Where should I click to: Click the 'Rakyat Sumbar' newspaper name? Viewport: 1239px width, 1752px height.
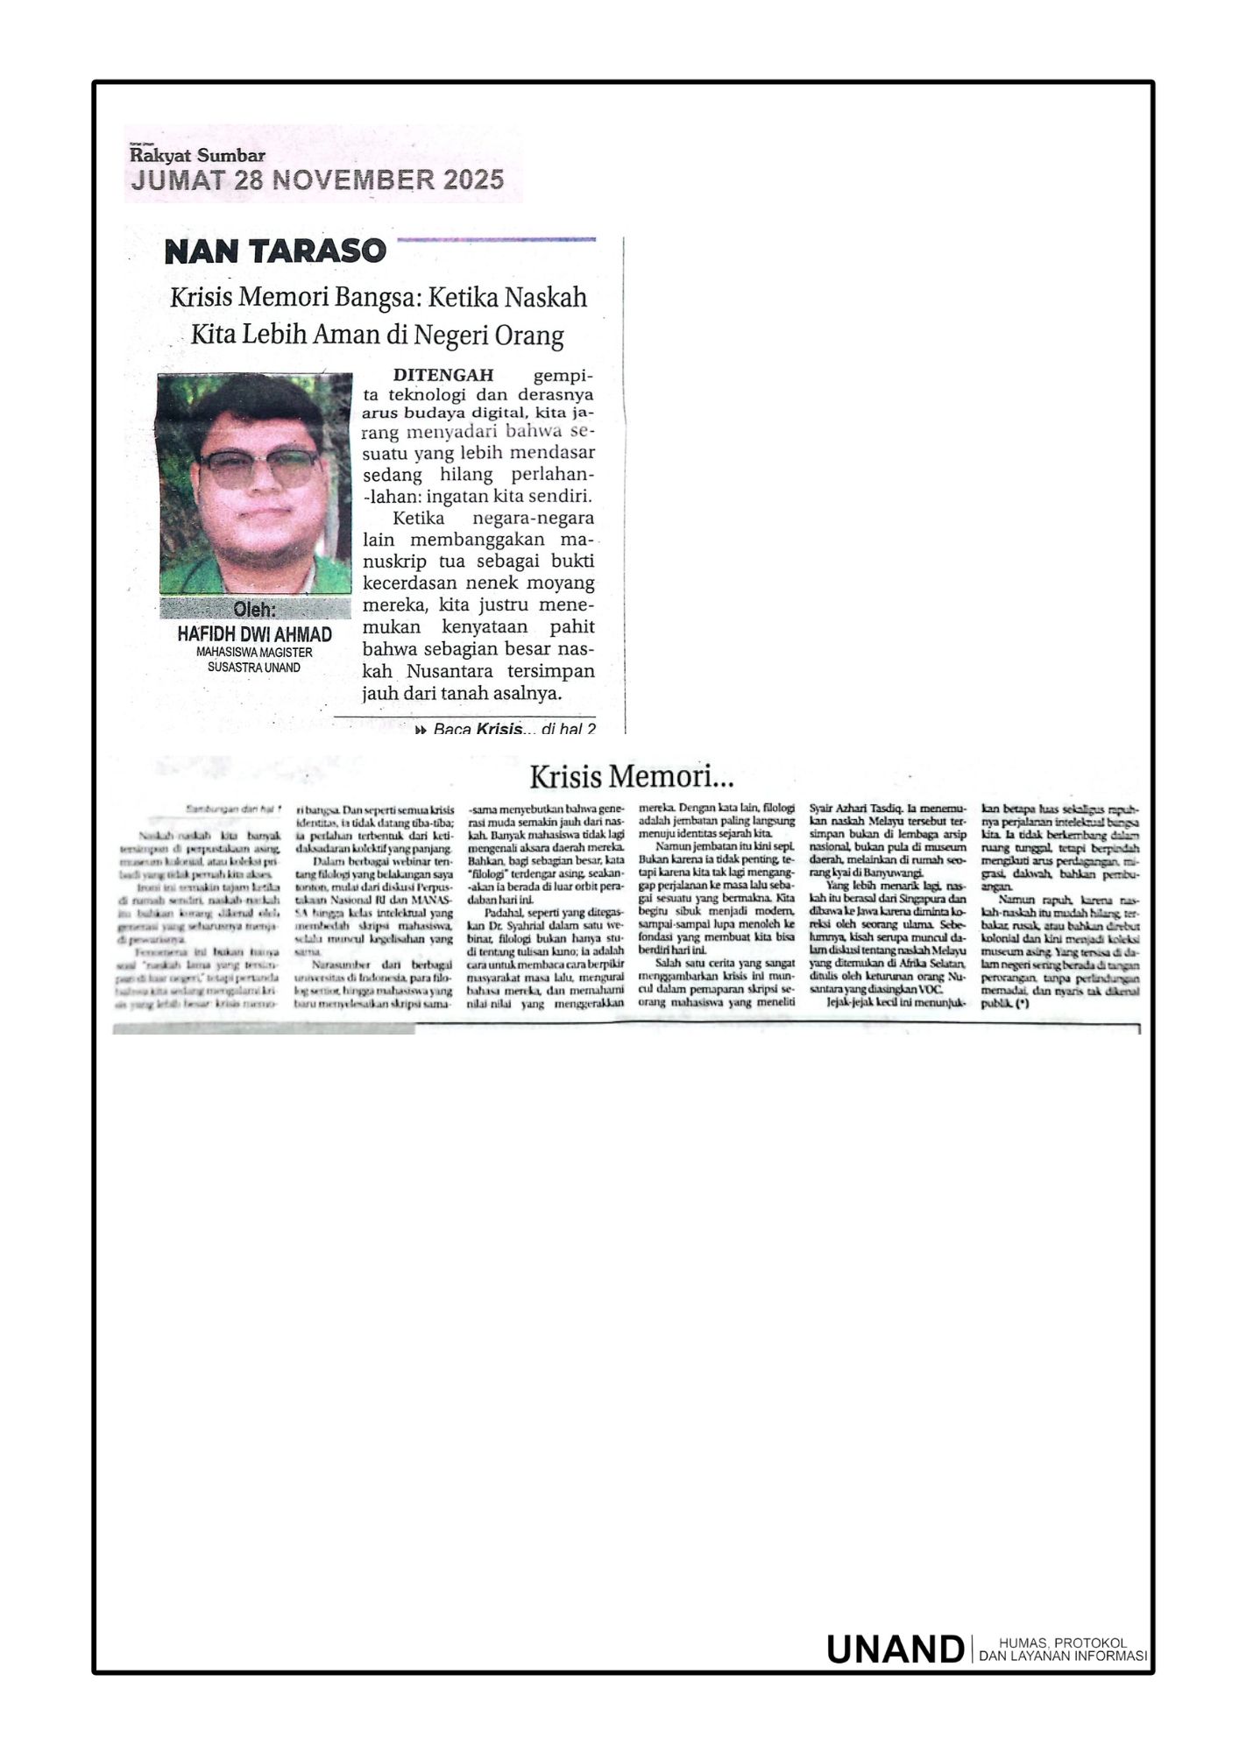197,156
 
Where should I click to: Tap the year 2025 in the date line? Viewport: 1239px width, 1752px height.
473,180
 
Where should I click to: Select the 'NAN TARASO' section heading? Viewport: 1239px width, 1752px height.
275,252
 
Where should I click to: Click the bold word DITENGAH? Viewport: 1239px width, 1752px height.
443,376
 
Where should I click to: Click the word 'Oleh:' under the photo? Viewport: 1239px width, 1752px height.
255,610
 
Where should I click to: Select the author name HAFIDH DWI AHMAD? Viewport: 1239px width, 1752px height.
255,634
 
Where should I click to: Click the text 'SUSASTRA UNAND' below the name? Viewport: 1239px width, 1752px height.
254,668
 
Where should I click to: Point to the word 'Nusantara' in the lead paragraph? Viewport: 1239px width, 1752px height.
450,672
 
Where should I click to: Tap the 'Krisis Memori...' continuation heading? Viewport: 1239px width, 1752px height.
631,776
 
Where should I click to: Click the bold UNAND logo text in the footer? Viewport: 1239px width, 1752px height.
895,1650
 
